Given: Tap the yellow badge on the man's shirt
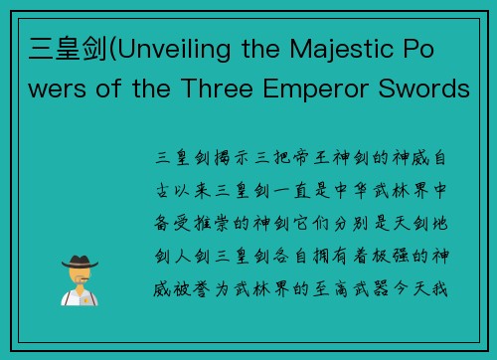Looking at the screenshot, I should [x=83, y=295].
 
